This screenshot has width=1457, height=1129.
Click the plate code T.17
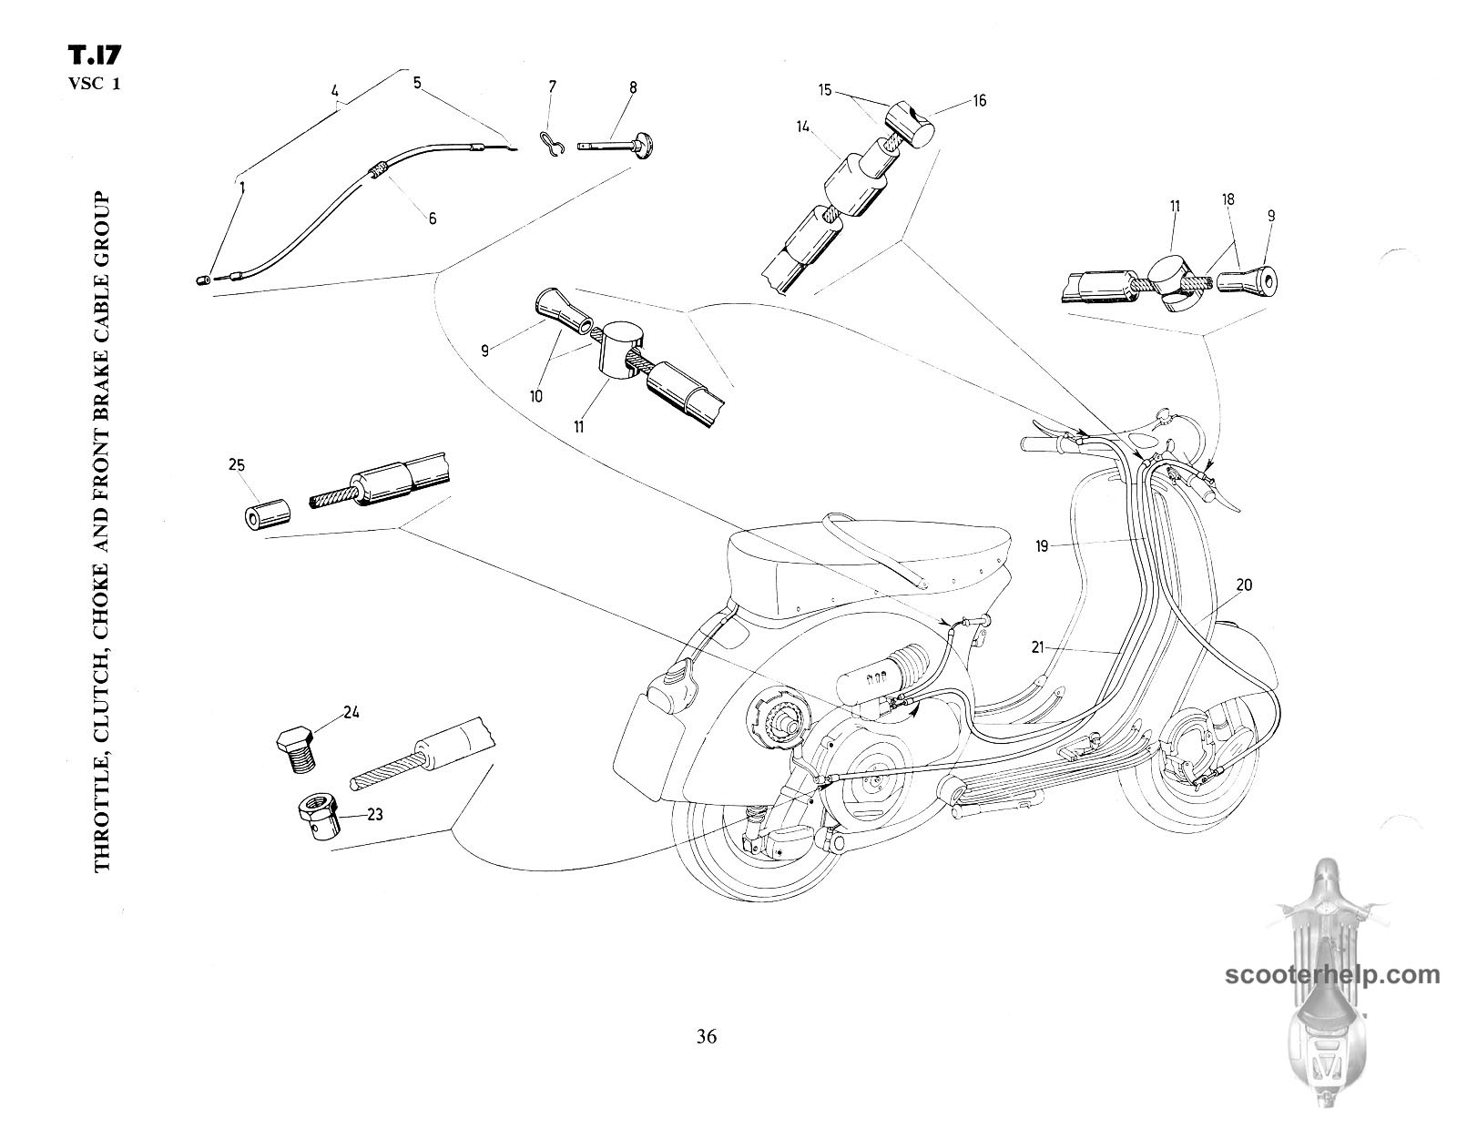(x=94, y=57)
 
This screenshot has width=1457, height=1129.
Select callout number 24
(x=351, y=713)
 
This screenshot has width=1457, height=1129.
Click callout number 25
(x=237, y=464)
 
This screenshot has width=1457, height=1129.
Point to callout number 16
(x=979, y=101)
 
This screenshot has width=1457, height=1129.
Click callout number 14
(x=802, y=128)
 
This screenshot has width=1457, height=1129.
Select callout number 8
(x=633, y=87)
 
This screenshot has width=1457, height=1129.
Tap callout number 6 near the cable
(x=433, y=219)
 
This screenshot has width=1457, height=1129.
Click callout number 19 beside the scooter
(x=1043, y=546)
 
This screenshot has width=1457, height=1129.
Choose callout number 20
(x=1244, y=585)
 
